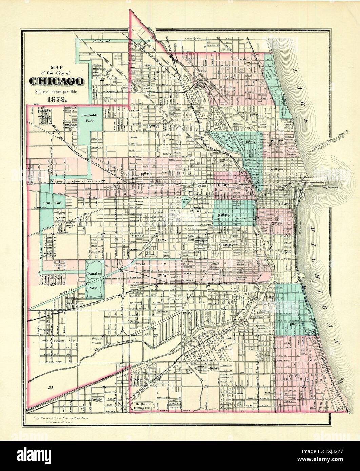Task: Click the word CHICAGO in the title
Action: tap(56, 81)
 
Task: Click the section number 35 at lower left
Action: tap(51, 387)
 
